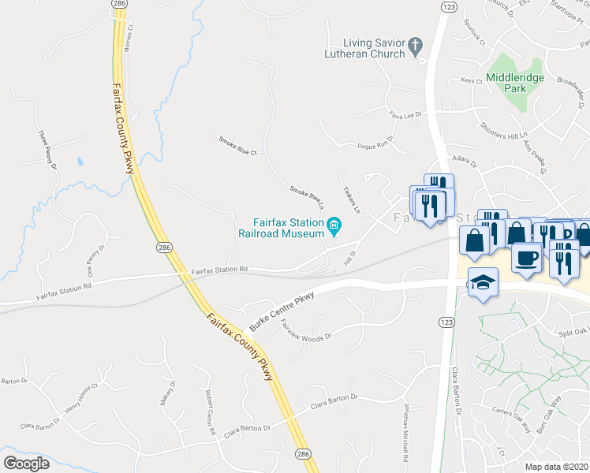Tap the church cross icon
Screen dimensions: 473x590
(417, 48)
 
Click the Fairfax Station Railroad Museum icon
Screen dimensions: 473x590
(334, 228)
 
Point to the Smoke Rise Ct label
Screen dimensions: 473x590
(238, 146)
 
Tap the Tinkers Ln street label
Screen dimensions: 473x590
(351, 200)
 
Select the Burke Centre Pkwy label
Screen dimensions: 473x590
(282, 312)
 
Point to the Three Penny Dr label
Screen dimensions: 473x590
(47, 151)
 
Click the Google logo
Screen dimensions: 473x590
(27, 464)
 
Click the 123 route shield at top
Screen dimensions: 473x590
(449, 6)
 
